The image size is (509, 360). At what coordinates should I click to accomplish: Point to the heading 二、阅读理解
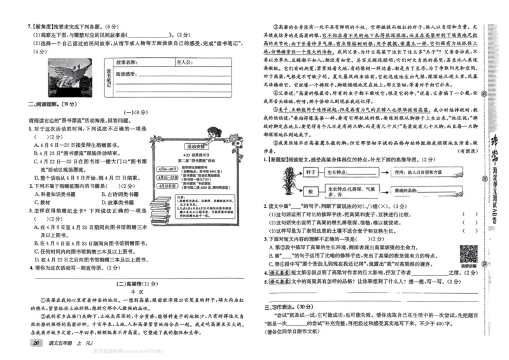point(43,104)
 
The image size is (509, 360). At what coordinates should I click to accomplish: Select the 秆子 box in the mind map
point(312,172)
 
